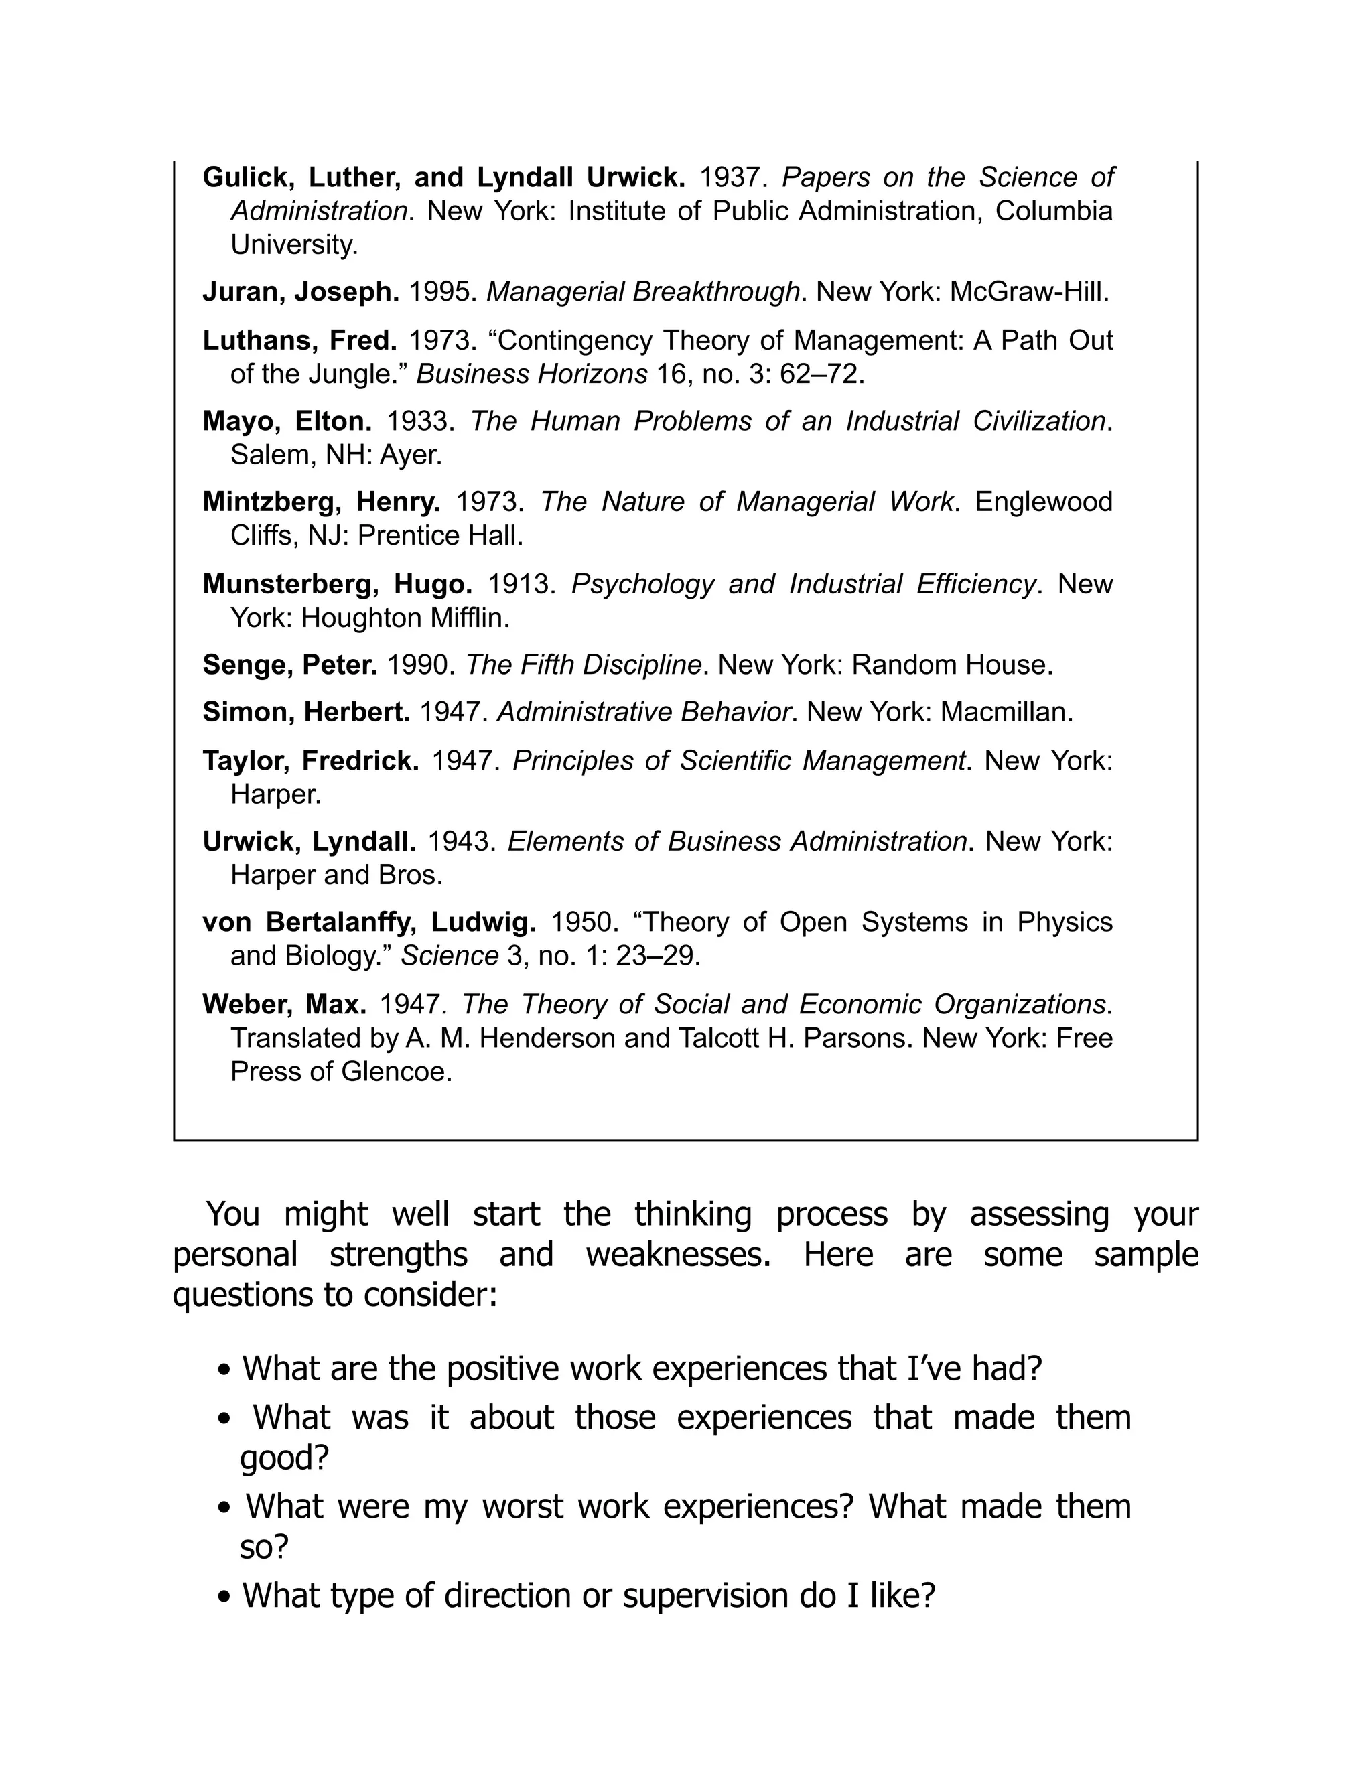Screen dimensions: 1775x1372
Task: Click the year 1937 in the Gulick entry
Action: [x=732, y=177]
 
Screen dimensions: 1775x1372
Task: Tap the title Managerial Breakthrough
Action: [x=642, y=292]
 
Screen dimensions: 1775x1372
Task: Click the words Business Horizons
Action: [x=531, y=374]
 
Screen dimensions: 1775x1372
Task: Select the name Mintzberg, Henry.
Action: [x=321, y=502]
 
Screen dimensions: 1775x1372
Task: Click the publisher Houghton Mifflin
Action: [x=404, y=618]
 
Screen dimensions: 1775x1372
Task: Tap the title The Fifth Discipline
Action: [x=583, y=665]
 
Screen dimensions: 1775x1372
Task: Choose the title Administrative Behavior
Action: [x=644, y=712]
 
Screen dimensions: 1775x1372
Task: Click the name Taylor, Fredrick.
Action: [x=310, y=761]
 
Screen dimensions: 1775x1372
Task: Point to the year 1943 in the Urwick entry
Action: [x=461, y=841]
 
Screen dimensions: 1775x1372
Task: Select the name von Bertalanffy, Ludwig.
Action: [x=369, y=922]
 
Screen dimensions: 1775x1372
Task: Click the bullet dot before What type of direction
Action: [x=225, y=1597]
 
